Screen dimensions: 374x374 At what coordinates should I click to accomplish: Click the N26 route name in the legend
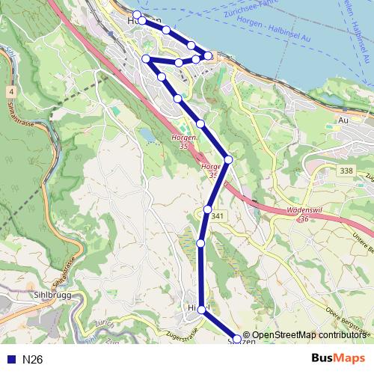pos(32,360)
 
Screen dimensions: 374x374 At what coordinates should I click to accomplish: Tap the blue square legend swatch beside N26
pos(10,360)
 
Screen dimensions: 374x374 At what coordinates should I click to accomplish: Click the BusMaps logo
pos(337,358)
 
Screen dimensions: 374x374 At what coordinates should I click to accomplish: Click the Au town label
pos(344,120)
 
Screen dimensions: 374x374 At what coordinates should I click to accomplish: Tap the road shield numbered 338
pos(346,171)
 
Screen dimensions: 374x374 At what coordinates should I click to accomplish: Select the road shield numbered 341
pos(218,216)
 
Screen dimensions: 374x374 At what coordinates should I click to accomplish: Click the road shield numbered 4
pos(12,92)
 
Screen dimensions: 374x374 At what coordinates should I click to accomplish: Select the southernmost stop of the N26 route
pos(238,340)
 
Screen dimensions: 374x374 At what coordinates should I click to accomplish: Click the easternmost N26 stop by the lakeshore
pos(209,55)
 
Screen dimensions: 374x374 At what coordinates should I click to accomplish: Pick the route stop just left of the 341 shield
pos(207,209)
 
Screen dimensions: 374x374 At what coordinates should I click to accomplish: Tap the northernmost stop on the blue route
pos(137,15)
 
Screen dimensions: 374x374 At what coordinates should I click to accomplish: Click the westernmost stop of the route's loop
pos(146,58)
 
